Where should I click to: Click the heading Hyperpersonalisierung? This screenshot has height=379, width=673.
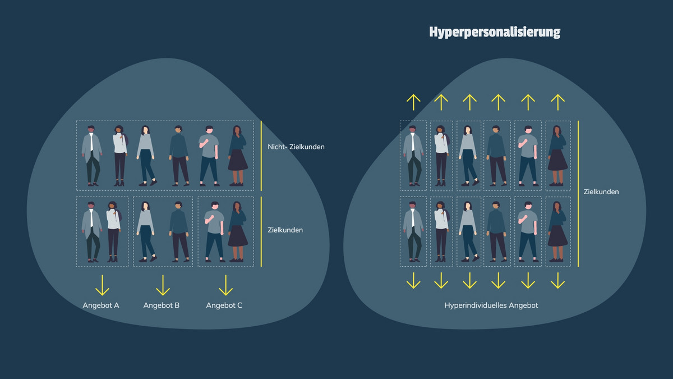click(495, 32)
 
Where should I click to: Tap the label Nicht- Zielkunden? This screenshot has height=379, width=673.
click(296, 147)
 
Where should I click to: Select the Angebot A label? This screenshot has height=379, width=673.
click(101, 305)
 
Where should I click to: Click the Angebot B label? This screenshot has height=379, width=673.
click(162, 305)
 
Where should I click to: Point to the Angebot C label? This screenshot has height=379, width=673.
click(224, 305)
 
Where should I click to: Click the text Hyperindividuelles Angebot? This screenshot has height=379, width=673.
click(491, 305)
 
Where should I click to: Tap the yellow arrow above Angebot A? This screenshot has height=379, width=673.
click(102, 285)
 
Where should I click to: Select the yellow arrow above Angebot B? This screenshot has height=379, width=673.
click(163, 285)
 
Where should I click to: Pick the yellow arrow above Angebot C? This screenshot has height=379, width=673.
click(225, 285)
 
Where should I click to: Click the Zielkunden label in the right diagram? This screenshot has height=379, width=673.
click(601, 191)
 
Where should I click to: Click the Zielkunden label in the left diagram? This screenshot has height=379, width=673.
click(285, 230)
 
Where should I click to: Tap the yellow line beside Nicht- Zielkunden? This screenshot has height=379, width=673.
click(261, 156)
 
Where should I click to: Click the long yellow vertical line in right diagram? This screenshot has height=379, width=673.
click(578, 193)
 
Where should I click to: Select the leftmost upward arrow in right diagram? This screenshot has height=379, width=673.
click(413, 102)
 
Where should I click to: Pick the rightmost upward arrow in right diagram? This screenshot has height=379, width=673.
click(557, 102)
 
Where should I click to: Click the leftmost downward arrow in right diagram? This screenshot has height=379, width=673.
click(413, 280)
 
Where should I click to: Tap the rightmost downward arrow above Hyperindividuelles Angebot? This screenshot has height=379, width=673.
click(557, 280)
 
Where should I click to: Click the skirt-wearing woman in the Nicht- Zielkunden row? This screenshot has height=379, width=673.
click(237, 156)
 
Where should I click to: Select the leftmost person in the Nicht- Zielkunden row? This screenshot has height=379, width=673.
click(91, 156)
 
